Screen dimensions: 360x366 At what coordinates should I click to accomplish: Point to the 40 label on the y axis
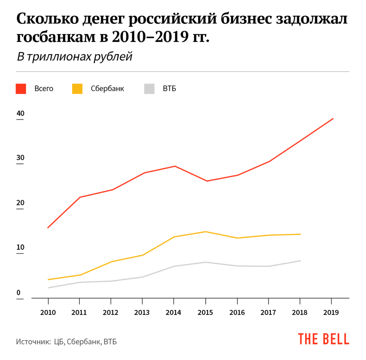click(20, 114)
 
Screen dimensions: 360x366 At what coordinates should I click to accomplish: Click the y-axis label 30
click(20, 158)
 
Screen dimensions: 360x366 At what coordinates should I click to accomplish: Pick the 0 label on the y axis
click(18, 293)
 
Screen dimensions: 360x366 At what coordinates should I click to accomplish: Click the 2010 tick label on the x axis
click(48, 312)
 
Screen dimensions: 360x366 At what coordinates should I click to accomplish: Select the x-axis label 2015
click(206, 312)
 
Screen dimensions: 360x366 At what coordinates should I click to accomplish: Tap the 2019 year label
click(332, 312)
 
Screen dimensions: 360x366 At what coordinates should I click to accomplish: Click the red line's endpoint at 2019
click(333, 118)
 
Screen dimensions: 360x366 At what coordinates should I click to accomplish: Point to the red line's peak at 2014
click(175, 166)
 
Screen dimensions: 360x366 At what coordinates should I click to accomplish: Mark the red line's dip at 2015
click(207, 181)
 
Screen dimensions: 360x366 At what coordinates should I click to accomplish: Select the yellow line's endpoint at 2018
click(300, 234)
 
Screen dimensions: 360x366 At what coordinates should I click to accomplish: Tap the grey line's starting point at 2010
click(48, 288)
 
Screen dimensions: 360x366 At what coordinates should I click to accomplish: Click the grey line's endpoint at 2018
click(300, 261)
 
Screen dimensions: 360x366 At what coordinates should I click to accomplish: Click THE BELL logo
click(324, 339)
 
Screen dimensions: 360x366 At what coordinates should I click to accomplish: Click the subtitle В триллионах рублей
click(74, 57)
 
